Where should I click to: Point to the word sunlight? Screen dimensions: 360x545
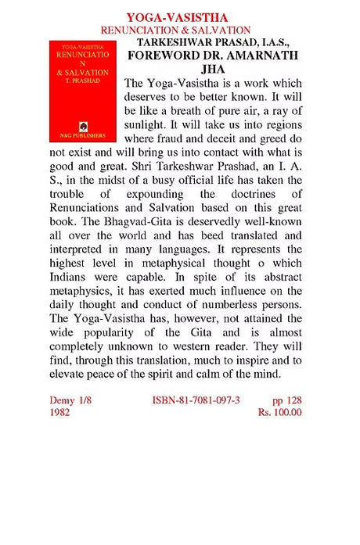coord(147,128)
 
